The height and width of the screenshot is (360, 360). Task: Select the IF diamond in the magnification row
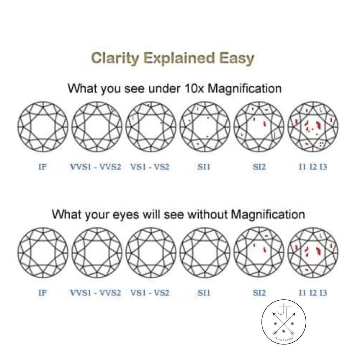tap(43, 127)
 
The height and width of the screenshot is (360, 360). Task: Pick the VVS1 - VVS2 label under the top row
tap(96, 167)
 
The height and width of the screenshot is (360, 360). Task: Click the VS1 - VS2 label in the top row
tap(150, 167)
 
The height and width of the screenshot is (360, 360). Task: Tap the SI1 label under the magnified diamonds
tap(204, 167)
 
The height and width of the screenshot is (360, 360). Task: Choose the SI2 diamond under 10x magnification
tap(259, 127)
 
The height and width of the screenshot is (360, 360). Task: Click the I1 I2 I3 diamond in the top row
tap(313, 127)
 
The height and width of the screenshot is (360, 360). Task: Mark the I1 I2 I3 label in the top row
tap(313, 167)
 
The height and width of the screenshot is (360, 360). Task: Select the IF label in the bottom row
tap(43, 293)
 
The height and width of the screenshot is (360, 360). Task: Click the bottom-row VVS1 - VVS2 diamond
tap(97, 253)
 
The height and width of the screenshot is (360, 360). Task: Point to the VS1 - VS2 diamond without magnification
tap(151, 253)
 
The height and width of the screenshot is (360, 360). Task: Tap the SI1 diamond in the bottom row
tap(205, 253)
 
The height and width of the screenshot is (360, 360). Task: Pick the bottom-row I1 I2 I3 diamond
tap(313, 253)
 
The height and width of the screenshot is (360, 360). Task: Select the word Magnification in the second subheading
tap(268, 214)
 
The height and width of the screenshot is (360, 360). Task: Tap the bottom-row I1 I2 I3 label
tap(313, 293)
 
